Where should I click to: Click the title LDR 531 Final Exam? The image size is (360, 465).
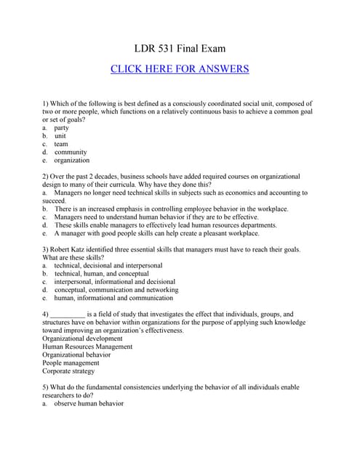tap(180, 49)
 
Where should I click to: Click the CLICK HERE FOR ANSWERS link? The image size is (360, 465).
tap(180, 69)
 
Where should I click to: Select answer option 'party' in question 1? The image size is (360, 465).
tap(62, 127)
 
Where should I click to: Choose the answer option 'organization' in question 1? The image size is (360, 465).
tap(72, 160)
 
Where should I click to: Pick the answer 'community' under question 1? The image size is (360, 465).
tap(71, 152)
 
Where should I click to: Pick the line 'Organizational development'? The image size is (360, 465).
tap(82, 339)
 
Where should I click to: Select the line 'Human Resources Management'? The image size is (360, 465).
tap(87, 347)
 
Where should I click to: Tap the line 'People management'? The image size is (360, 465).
tap(71, 363)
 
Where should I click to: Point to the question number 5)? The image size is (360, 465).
tap(47, 387)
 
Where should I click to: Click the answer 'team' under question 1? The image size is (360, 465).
tap(61, 144)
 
